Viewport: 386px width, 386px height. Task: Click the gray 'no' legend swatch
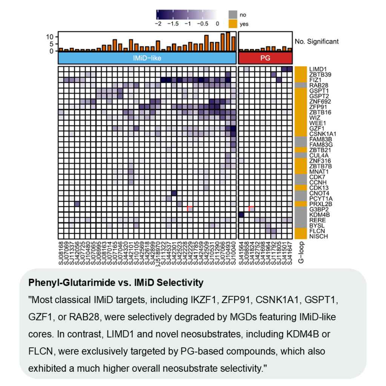(233, 14)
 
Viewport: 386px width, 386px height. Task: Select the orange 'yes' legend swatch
(233, 23)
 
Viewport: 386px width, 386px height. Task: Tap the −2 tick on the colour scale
(158, 23)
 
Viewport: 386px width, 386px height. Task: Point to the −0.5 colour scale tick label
(202, 23)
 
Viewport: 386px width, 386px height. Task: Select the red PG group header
(265, 58)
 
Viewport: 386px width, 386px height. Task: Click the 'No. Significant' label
(317, 41)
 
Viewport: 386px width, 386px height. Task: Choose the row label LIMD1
(317, 69)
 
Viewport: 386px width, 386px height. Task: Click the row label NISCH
(317, 236)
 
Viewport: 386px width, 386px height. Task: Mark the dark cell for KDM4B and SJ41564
(241, 214)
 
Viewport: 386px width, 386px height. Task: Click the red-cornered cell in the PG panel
(252, 209)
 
